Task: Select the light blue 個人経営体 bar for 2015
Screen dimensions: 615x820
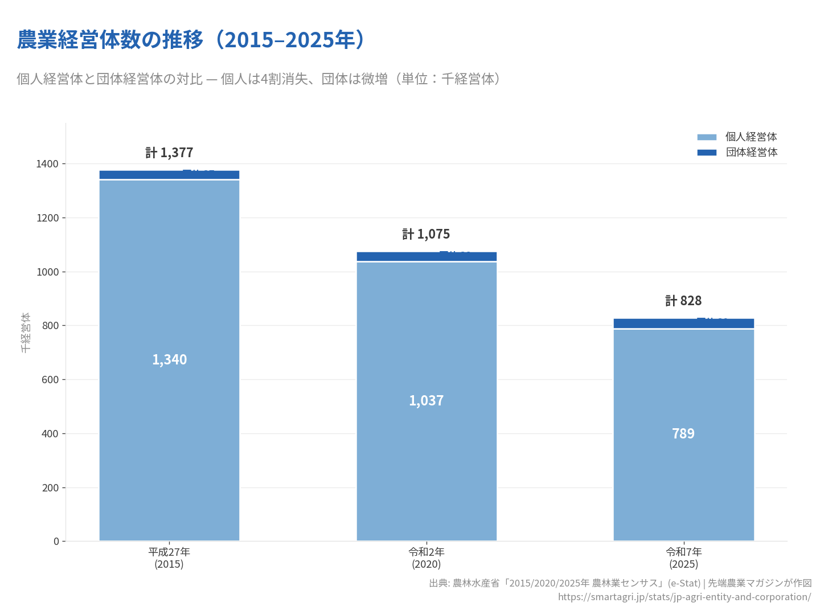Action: point(169,399)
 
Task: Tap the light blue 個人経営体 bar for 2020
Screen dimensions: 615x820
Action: point(427,444)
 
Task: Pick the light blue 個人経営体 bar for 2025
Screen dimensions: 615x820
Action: point(683,484)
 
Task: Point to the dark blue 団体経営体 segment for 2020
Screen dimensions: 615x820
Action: point(399,257)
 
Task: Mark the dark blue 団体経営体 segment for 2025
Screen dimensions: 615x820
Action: point(655,323)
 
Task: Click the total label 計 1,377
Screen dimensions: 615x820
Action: point(169,153)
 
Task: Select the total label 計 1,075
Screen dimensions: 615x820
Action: point(426,234)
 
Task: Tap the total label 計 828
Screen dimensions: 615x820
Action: point(683,301)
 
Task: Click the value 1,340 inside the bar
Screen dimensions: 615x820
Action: point(169,360)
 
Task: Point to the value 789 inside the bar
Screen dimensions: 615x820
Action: point(683,434)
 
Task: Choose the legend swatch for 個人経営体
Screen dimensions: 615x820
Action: point(707,137)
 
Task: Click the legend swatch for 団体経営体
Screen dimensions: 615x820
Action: point(707,153)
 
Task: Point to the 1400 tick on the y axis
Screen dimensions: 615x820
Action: point(48,164)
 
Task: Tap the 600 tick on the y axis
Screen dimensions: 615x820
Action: point(50,380)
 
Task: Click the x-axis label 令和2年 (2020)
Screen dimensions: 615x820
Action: point(427,558)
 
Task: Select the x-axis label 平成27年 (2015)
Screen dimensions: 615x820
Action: point(169,558)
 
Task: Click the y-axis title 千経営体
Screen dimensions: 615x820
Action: point(26,332)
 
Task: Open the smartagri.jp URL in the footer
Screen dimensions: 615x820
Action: point(684,597)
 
